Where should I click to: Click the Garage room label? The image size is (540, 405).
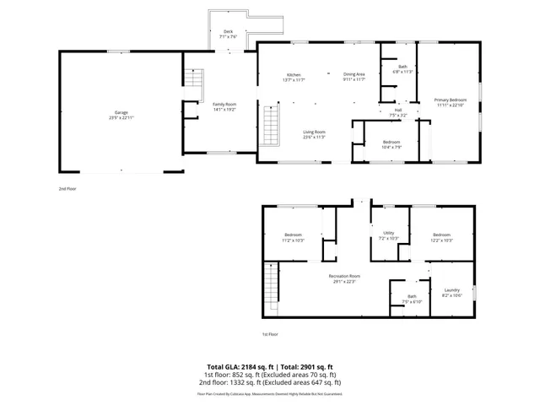121,115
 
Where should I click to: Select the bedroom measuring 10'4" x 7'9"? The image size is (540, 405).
391,143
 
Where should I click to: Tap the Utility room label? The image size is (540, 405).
389,235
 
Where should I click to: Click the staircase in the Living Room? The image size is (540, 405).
272,124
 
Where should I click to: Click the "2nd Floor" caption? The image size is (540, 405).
67,189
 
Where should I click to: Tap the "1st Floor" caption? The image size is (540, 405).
270,334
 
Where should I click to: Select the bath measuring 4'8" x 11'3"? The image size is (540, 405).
403,68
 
